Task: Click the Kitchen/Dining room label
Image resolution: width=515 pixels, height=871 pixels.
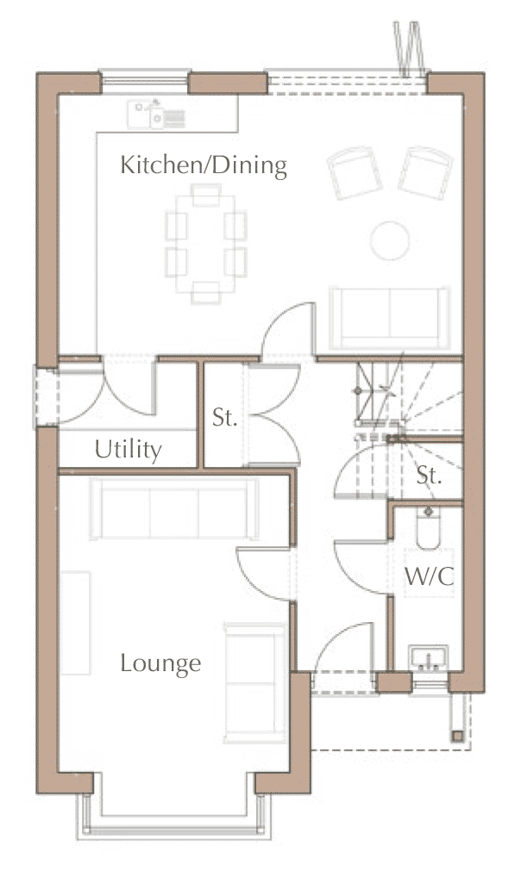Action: pyautogui.click(x=204, y=165)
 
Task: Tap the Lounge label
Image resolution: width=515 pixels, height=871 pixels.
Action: pyautogui.click(x=160, y=663)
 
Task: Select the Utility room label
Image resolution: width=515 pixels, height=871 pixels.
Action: pyautogui.click(x=129, y=449)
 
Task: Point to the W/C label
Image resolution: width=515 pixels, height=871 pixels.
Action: pyautogui.click(x=429, y=576)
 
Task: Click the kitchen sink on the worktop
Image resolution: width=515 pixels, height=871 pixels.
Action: pyautogui.click(x=156, y=114)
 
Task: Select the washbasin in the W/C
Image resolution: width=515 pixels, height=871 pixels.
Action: pyautogui.click(x=428, y=658)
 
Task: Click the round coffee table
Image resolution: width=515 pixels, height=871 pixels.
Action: pyautogui.click(x=390, y=240)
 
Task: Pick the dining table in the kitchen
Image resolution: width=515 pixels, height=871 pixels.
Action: pyautogui.click(x=206, y=243)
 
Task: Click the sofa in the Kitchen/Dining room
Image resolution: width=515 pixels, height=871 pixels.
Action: pyautogui.click(x=390, y=318)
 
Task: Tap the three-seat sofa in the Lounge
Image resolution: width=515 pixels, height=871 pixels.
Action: pyautogui.click(x=174, y=509)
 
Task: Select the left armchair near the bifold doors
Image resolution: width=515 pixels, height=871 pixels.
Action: pyautogui.click(x=355, y=172)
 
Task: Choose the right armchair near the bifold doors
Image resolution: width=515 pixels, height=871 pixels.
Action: pyautogui.click(x=425, y=172)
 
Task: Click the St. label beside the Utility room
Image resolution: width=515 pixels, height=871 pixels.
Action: pyautogui.click(x=224, y=417)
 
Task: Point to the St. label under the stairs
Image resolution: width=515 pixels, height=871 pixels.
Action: pyautogui.click(x=429, y=475)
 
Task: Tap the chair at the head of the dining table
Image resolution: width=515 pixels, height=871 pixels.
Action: pyautogui.click(x=206, y=195)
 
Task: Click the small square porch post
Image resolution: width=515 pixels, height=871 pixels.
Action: pyautogui.click(x=457, y=736)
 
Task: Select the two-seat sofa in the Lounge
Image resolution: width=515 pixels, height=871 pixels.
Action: pyautogui.click(x=255, y=682)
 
